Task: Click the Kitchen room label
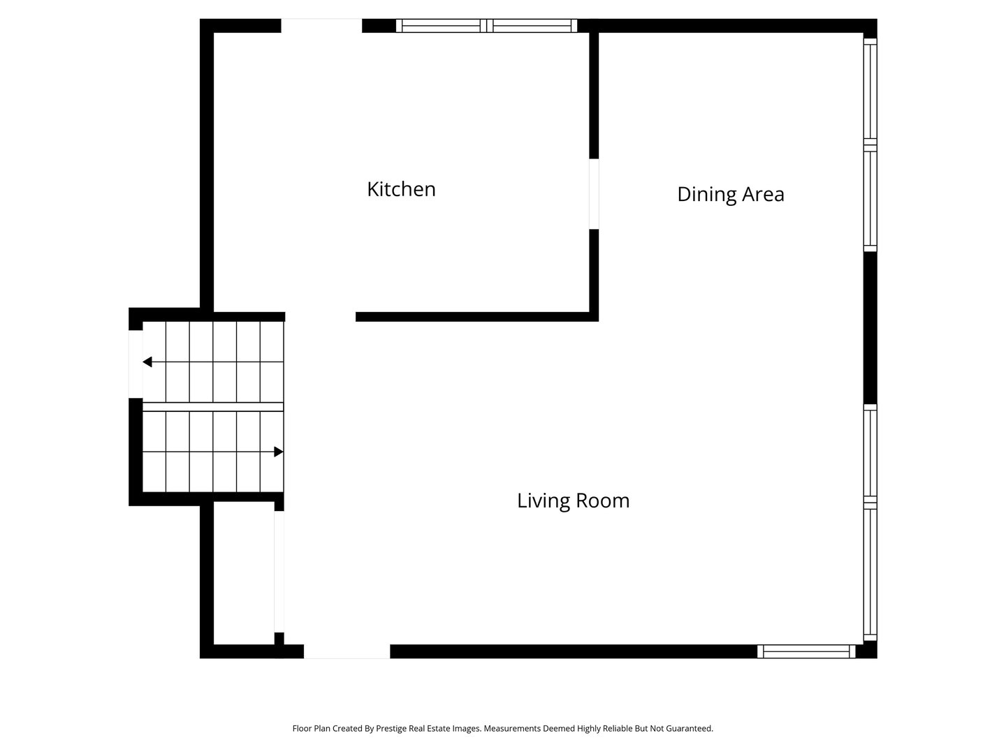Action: click(x=401, y=189)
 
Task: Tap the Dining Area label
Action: click(x=731, y=195)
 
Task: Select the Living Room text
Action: click(x=573, y=501)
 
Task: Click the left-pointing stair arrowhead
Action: click(x=147, y=362)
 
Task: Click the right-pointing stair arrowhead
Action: click(x=278, y=452)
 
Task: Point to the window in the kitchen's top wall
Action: click(x=486, y=26)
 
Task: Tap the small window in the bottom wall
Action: click(x=806, y=651)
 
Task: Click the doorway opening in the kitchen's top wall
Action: click(x=321, y=26)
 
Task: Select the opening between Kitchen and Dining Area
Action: click(x=594, y=194)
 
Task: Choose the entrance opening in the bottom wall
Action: click(x=347, y=651)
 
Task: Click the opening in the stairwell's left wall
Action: click(x=136, y=364)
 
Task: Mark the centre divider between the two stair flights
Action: click(x=213, y=407)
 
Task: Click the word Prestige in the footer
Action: click(x=391, y=728)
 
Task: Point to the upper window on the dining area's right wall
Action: click(x=870, y=145)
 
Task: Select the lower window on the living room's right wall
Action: click(x=870, y=522)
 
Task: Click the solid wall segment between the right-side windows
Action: click(x=870, y=328)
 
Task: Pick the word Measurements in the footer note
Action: click(x=512, y=728)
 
